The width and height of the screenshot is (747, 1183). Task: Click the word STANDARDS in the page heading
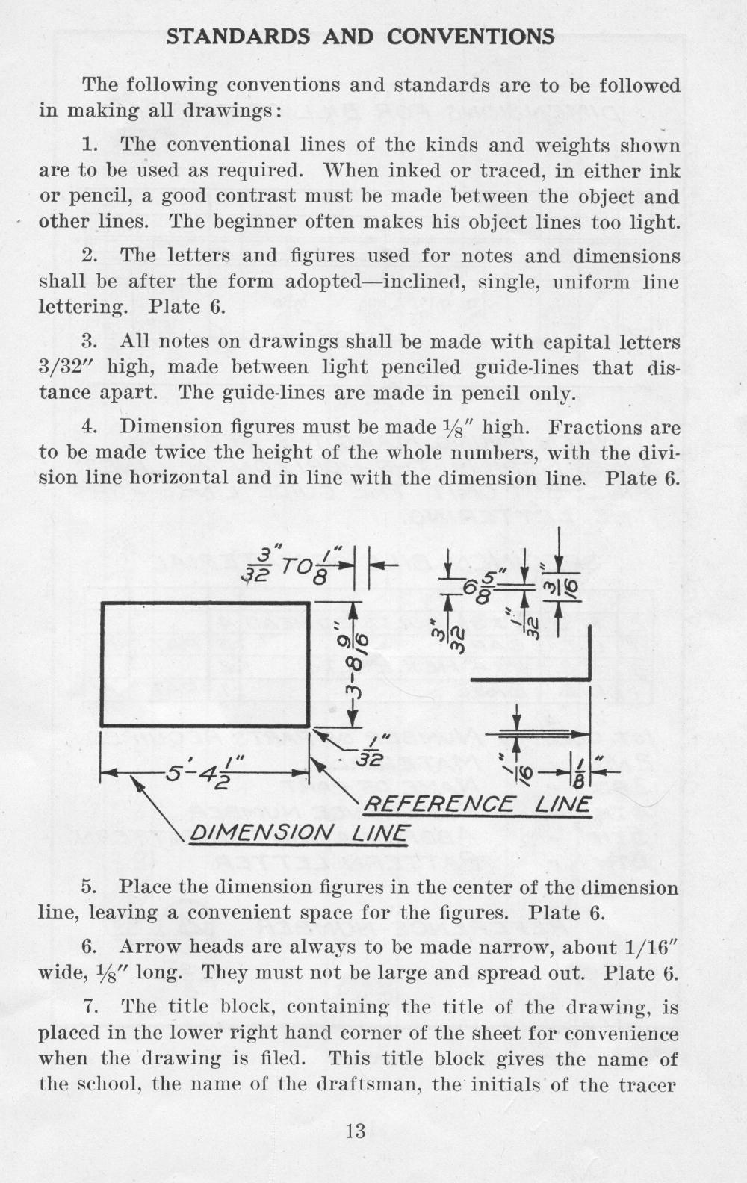pos(238,37)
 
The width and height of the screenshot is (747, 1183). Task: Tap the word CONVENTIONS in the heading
pos(471,37)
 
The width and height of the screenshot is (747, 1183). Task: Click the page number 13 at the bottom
pos(356,1131)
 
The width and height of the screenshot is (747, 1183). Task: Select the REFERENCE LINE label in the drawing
pos(477,805)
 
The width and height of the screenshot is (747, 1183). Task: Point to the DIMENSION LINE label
pos(299,833)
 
